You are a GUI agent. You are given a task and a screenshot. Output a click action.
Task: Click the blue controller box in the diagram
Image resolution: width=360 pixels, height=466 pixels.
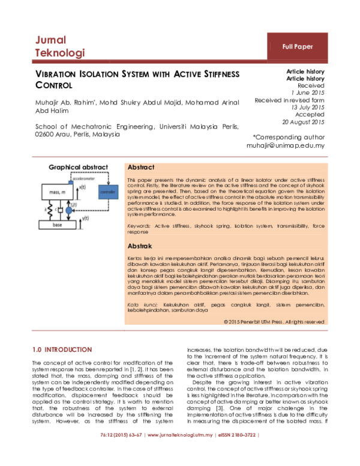point(108,192)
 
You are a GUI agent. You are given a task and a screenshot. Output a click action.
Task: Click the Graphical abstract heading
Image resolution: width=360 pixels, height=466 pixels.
point(78,167)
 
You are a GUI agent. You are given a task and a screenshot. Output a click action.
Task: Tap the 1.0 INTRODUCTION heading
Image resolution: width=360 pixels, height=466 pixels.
point(62,349)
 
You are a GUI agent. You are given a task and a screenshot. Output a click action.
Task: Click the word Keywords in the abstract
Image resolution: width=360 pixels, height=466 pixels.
point(139,226)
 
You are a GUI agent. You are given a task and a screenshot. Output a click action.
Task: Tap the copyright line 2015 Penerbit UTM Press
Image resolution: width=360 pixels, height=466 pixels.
point(274,322)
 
